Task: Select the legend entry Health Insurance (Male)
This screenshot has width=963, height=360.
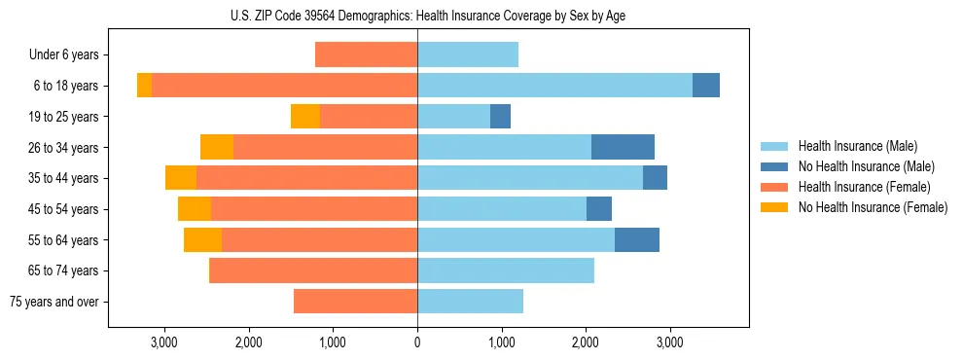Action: coord(857,146)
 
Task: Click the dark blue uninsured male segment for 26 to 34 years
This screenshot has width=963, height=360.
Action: coord(623,147)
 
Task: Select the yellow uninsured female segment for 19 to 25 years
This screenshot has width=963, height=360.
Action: coord(305,117)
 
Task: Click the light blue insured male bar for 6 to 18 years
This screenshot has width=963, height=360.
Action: coord(554,86)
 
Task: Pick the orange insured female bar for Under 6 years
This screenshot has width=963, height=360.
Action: coord(367,54)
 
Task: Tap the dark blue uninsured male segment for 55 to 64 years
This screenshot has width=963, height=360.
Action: coord(637,239)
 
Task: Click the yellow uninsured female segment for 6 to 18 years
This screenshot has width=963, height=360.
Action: coord(144,86)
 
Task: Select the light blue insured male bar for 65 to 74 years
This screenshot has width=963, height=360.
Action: coord(506,270)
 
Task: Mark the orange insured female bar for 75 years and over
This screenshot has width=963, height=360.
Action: coord(355,302)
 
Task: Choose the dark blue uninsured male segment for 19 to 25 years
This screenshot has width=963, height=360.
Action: coord(500,117)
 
